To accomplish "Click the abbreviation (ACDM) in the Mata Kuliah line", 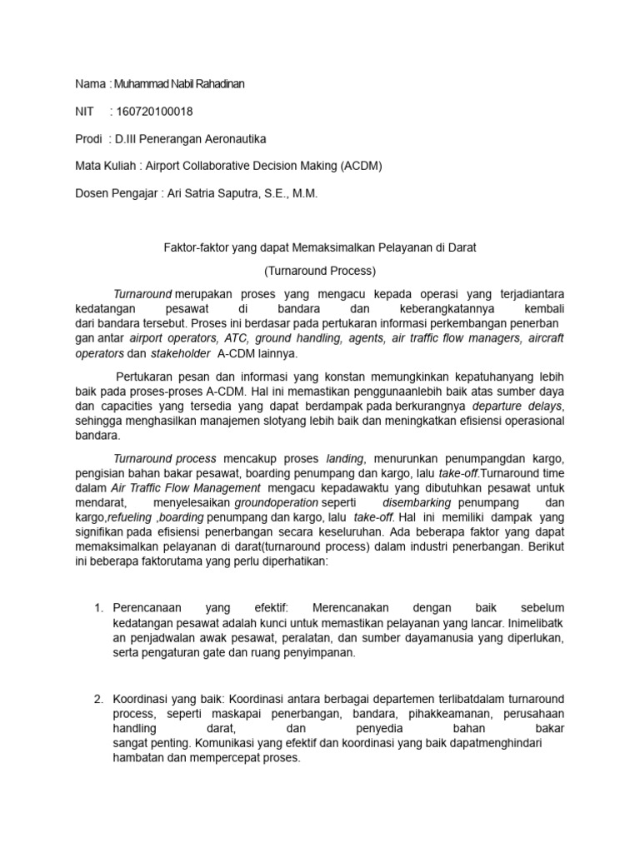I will [360, 165].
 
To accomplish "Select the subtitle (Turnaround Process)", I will [320, 271].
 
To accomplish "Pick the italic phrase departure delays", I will [517, 406].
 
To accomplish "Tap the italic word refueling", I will [120, 518].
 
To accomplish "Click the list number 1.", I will [97, 608].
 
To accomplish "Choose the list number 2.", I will [97, 698].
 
